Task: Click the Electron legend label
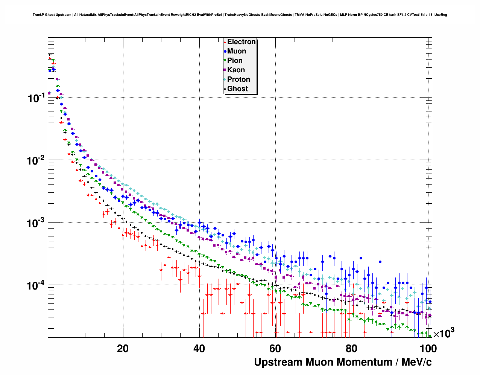point(242,42)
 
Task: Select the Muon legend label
point(237,51)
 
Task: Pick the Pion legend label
point(235,61)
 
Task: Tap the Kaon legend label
point(236,70)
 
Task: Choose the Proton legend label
point(238,79)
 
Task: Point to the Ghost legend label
point(237,89)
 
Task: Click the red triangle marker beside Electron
point(225,42)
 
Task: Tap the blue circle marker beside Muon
point(225,51)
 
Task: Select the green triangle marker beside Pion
point(225,61)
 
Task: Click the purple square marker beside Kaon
point(225,70)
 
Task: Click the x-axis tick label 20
point(123,349)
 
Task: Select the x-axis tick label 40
point(199,349)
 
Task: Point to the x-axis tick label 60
point(275,349)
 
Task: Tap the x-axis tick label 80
point(352,349)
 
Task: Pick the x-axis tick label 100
point(428,349)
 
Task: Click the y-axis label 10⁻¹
point(36,98)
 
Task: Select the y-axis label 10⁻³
point(36,223)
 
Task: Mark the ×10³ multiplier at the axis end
point(444,333)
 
